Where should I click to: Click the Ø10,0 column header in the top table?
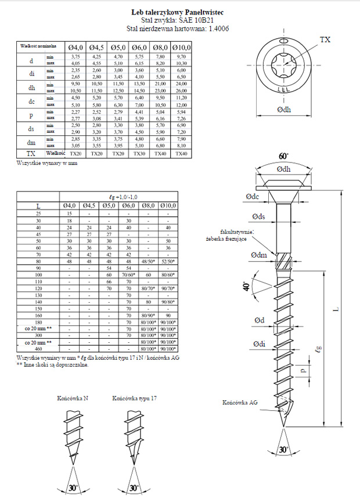(x=181, y=46)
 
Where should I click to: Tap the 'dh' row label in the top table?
(x=31, y=88)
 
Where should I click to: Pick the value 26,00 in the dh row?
(x=181, y=91)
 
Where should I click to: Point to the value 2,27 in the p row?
(x=75, y=112)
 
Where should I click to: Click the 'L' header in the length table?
(x=38, y=206)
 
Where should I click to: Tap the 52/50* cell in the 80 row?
(x=168, y=261)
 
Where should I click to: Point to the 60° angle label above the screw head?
(x=283, y=157)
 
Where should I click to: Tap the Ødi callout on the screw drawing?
(x=259, y=344)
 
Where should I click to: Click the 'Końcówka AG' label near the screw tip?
(x=240, y=402)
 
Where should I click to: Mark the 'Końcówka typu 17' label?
(x=134, y=399)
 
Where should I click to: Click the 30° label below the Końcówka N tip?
(x=73, y=488)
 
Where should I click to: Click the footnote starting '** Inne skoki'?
(x=53, y=364)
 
